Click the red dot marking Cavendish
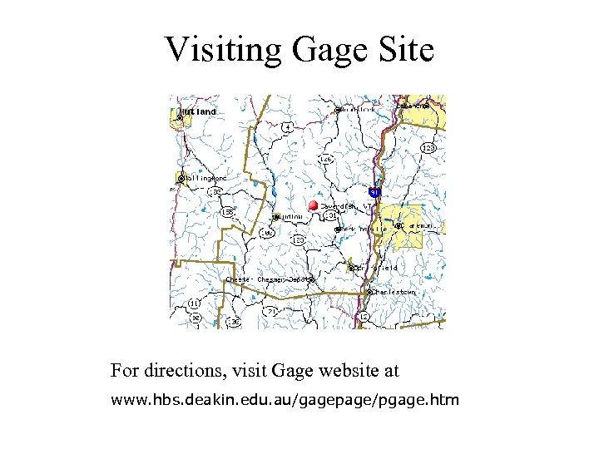click(x=313, y=205)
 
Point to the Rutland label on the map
click(x=200, y=111)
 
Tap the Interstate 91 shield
click(x=376, y=193)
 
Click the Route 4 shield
click(x=288, y=127)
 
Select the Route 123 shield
click(x=428, y=148)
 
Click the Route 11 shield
click(x=194, y=303)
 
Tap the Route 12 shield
click(x=364, y=317)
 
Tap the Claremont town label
click(x=421, y=225)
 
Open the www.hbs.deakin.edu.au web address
click(x=285, y=401)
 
